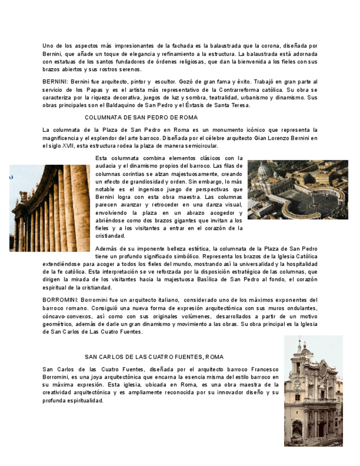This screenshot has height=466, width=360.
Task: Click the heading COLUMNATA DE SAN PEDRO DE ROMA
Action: click(x=141, y=118)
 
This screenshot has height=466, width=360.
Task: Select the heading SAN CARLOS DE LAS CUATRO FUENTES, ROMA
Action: click(x=154, y=357)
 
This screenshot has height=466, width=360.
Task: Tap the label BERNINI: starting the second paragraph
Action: click(x=55, y=81)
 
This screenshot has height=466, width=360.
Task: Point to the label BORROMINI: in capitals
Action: click(x=60, y=300)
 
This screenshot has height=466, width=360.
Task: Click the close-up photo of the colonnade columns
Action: click(x=49, y=208)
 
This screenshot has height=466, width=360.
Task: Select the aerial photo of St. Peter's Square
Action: click(x=297, y=190)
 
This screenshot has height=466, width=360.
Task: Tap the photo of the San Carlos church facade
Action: click(x=313, y=391)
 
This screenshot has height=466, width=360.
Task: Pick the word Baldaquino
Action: click(x=128, y=105)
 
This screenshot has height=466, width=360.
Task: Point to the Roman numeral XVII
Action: click(x=68, y=146)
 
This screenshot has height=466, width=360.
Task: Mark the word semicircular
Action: click(x=200, y=146)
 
